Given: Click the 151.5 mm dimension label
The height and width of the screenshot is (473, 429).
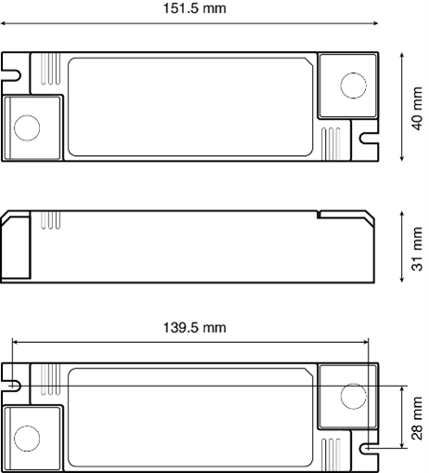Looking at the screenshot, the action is [194, 8].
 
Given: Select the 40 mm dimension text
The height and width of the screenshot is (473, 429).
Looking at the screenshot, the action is [417, 109].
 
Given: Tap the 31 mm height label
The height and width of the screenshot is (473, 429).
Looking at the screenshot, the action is [417, 249].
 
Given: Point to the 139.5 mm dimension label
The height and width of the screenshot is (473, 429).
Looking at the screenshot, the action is [194, 327].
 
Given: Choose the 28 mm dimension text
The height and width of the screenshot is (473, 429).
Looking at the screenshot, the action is [417, 418].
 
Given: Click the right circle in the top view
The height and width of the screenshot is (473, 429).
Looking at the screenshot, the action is [354, 85].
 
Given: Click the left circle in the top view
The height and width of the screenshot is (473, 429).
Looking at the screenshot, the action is [27, 127].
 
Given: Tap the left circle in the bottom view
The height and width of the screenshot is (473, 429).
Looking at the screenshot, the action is [27, 439].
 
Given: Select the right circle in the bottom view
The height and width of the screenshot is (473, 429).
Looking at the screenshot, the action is [354, 397].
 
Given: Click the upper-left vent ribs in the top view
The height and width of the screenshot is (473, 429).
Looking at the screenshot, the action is [50, 69].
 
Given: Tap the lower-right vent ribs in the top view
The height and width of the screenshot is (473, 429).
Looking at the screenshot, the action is [331, 144].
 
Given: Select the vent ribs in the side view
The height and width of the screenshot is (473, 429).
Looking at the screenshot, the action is [50, 220].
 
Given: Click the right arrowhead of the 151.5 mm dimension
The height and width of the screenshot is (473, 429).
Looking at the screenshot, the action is [375, 23].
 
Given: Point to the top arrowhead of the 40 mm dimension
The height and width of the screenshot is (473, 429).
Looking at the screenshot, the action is [402, 55].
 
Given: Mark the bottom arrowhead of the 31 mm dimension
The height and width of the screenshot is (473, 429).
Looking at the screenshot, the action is [402, 280].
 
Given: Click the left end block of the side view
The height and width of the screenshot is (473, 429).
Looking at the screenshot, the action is [16, 245].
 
